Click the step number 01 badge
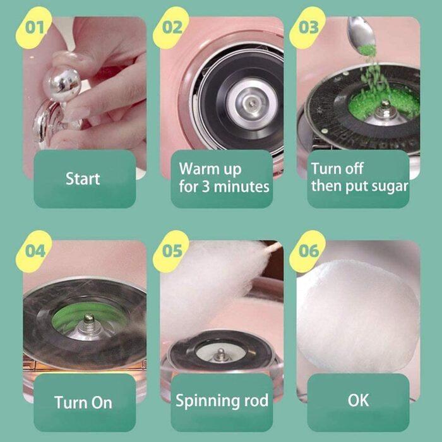click(34, 27)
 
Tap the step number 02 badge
click(171, 27)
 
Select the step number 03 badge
click(308, 27)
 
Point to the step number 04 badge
click(34, 251)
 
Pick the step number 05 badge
click(171, 251)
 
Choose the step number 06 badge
click(308, 251)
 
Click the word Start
click(83, 179)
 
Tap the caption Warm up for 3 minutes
click(224, 177)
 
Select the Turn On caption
click(83, 402)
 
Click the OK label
click(358, 400)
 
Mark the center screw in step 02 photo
click(253, 103)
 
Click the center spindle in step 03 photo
click(385, 110)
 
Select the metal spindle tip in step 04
click(89, 319)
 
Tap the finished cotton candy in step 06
click(358, 316)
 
